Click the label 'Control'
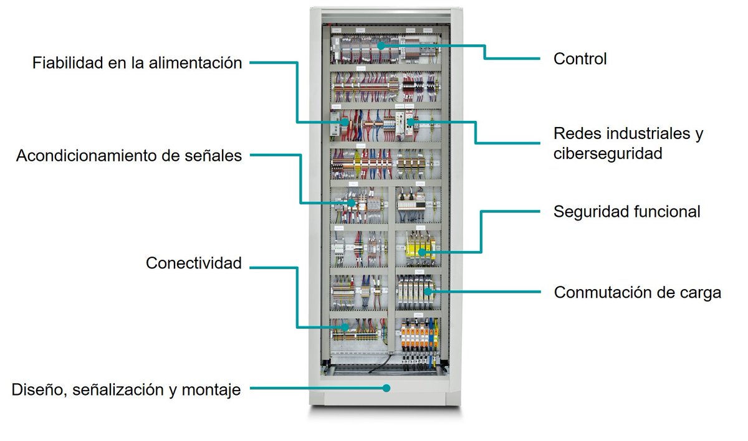pyautogui.click(x=580, y=59)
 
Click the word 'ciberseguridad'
pyautogui.click(x=607, y=153)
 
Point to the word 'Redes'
pyautogui.click(x=577, y=133)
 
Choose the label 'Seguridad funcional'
pyautogui.click(x=627, y=212)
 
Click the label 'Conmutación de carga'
pyautogui.click(x=638, y=292)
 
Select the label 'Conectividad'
pyautogui.click(x=193, y=263)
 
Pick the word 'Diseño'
pyautogui.click(x=39, y=391)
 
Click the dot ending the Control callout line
pyautogui.click(x=380, y=46)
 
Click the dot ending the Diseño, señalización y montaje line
pyautogui.click(x=386, y=388)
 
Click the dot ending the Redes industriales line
pyautogui.click(x=416, y=121)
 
